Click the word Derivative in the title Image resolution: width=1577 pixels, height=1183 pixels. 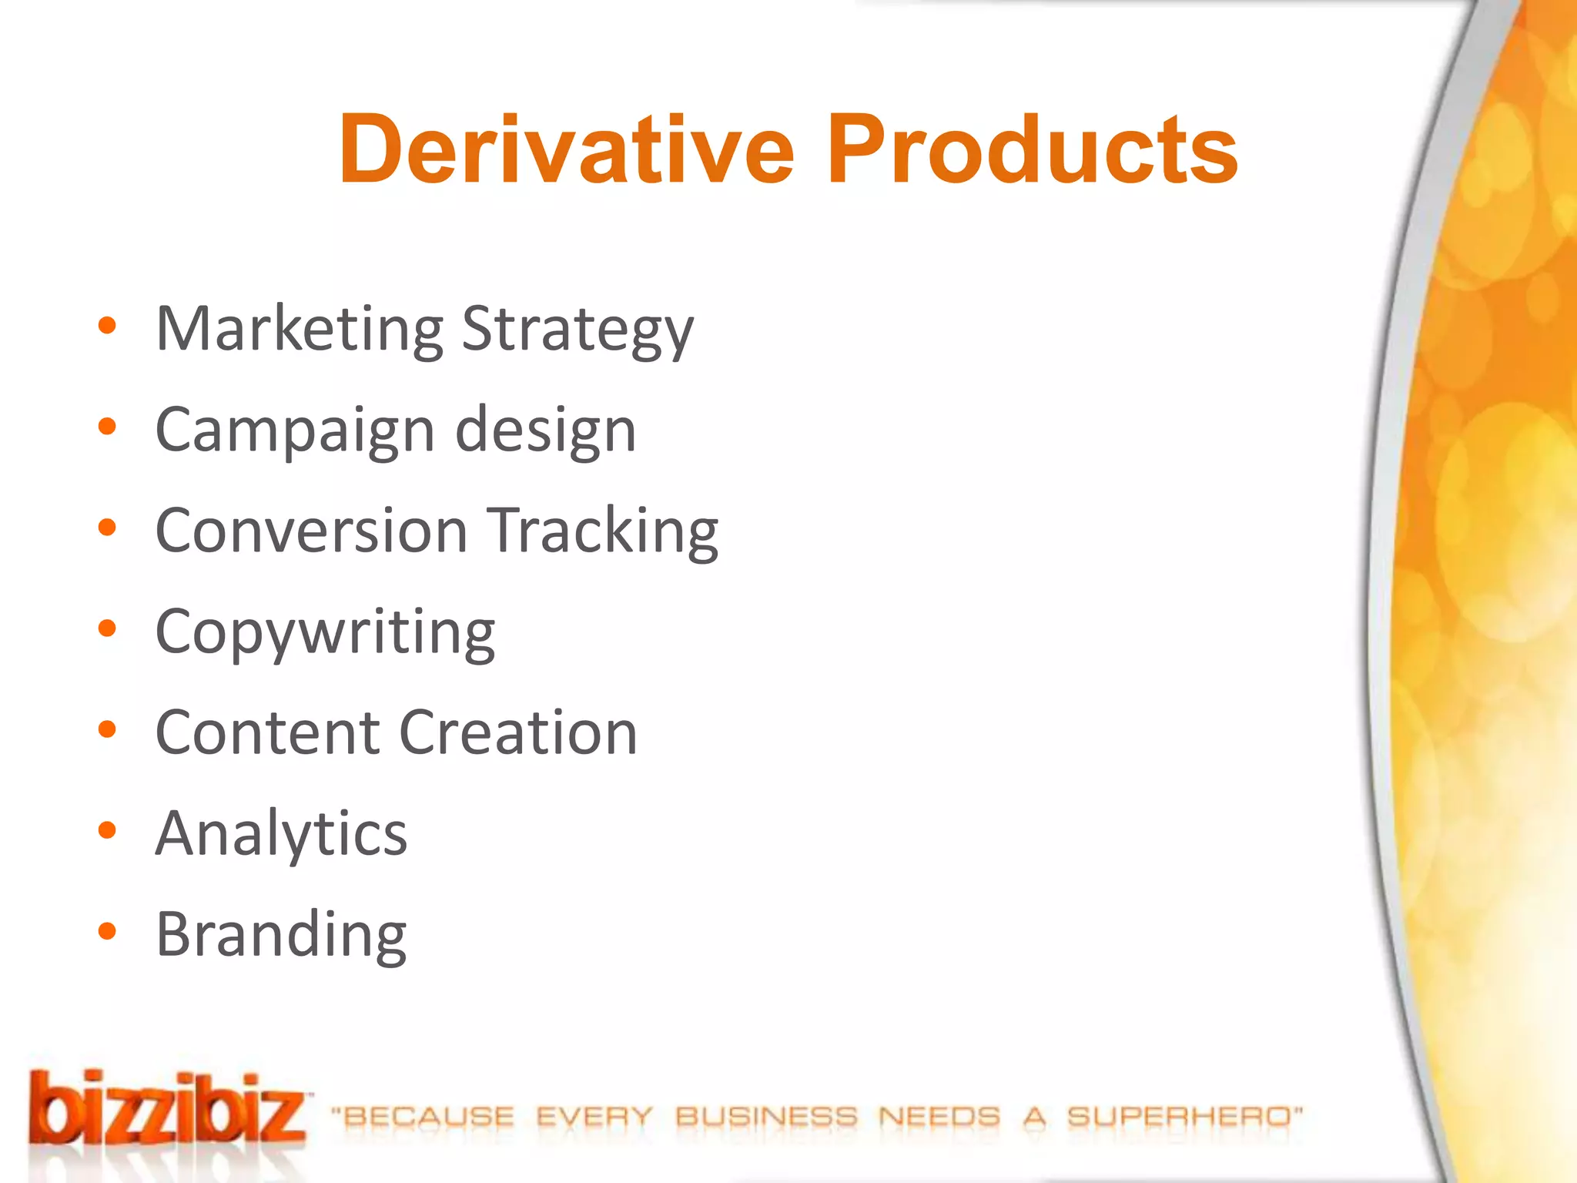pos(567,149)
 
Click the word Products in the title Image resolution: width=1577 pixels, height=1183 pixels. pos(1032,149)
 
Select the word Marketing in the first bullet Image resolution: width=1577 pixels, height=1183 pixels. pos(299,330)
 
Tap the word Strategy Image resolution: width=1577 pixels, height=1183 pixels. pos(578,330)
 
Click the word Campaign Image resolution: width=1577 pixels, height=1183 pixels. pos(295,431)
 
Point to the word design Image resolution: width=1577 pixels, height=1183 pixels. pos(546,431)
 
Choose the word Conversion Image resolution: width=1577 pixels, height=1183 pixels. pos(312,531)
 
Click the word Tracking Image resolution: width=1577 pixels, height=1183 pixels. pos(604,531)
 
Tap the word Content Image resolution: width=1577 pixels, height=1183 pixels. pos(268,732)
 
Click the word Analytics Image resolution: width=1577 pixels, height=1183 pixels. pos(281,834)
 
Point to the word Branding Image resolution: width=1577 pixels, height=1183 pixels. pos(281,935)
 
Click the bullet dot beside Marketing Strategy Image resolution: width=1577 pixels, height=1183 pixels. pos(107,325)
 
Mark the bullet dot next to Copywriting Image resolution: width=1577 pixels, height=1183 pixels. pos(107,628)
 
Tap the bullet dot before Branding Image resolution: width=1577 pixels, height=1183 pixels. pos(107,931)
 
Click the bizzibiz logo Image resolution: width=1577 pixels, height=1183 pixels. pos(168,1109)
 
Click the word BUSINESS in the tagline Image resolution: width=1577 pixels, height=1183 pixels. pos(766,1116)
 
